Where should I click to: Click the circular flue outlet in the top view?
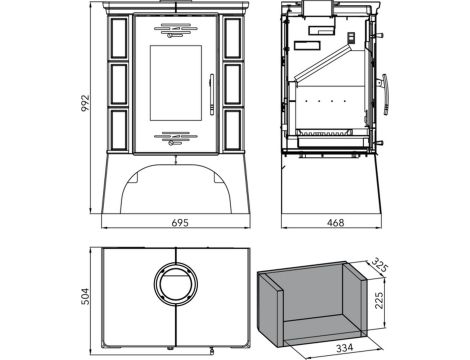[x=176, y=282]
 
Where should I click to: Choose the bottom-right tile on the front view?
[x=232, y=129]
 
